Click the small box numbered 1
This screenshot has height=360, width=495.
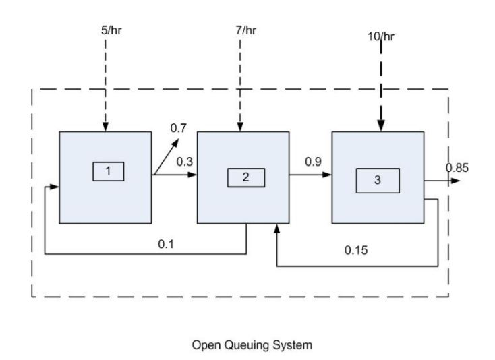108,171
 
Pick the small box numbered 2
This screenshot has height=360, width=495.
245,177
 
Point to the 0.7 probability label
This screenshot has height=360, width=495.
179,128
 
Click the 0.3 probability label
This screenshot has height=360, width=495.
185,162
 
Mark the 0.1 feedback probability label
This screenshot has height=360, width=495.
167,244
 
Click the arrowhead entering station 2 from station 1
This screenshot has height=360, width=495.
194,175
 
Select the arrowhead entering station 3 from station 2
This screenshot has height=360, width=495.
328,175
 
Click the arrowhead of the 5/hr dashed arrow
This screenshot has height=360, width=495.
105,126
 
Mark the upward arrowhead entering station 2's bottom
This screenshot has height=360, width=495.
277,229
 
